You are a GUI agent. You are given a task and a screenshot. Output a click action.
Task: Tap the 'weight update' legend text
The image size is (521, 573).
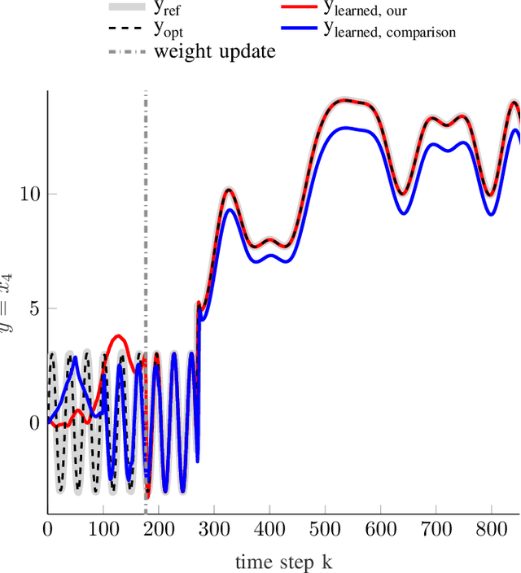[x=215, y=51]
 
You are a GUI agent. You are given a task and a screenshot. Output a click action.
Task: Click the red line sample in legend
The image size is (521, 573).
[x=299, y=7]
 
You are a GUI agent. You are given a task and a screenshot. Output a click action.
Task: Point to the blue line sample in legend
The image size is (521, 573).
[x=299, y=28]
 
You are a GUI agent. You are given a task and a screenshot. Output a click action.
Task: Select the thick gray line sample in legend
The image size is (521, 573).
[x=126, y=7]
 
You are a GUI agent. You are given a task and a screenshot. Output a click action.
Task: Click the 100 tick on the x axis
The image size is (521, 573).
[x=103, y=529]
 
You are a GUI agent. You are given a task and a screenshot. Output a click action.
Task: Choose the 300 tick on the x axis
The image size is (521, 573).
[x=214, y=529]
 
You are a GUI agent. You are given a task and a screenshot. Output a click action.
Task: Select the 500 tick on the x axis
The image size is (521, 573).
[x=325, y=529]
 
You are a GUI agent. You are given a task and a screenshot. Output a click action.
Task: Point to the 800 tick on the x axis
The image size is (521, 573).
[x=491, y=529]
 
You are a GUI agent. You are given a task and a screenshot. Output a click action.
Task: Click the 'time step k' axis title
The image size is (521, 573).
[x=284, y=562]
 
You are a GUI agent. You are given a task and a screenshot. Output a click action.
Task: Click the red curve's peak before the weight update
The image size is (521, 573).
[x=118, y=335]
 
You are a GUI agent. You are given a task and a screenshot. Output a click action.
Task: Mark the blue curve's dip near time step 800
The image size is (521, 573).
[x=491, y=215]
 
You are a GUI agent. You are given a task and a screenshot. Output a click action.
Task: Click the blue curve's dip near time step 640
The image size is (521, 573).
[x=403, y=213]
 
